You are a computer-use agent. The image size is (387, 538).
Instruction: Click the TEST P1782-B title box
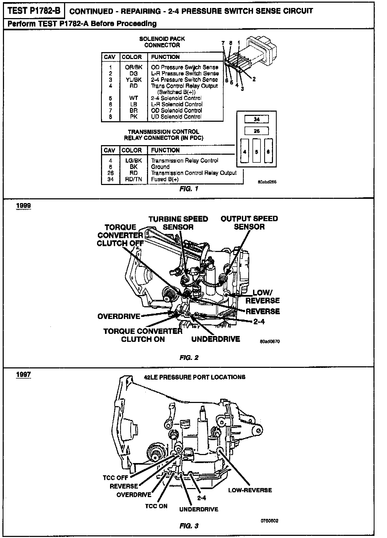(34, 11)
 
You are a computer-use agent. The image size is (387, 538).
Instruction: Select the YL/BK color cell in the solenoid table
(133, 80)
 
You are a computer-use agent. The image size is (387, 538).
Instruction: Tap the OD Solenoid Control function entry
(176, 110)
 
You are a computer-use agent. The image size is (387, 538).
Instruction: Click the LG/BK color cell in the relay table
(133, 161)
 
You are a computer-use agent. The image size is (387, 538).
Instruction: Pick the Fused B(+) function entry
(165, 179)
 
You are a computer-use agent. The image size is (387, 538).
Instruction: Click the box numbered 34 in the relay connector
(256, 119)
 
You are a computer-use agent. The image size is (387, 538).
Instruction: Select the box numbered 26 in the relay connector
(256, 131)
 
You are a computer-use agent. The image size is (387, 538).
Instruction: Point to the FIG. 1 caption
(189, 189)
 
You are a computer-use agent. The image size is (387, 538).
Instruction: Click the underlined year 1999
(23, 206)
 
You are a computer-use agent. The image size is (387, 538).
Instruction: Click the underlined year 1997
(23, 375)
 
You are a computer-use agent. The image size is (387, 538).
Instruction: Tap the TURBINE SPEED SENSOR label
(178, 223)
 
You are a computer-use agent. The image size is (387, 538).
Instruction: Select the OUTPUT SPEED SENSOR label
(249, 223)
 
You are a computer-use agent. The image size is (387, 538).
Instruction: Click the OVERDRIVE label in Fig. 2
(119, 316)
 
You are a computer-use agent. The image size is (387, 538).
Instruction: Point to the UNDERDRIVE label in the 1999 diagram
(216, 339)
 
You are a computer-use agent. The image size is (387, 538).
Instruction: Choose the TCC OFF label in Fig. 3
(116, 478)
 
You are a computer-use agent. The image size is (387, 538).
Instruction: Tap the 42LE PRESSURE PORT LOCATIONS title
(194, 377)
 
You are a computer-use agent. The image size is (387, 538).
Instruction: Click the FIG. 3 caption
(189, 526)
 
